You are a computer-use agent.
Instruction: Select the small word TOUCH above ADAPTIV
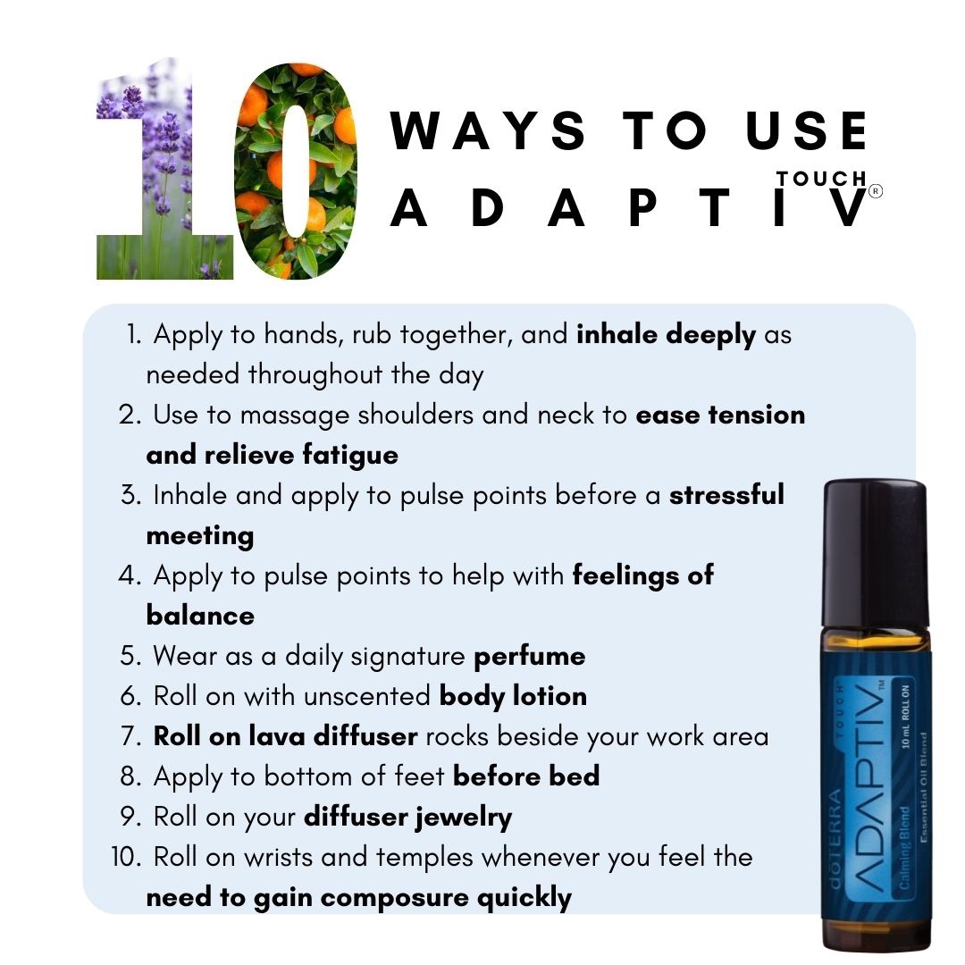(x=821, y=179)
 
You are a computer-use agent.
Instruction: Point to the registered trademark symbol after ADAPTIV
(x=875, y=191)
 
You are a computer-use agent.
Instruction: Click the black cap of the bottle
(x=875, y=554)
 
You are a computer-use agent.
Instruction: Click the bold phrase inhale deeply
(x=666, y=335)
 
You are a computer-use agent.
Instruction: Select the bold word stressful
(x=726, y=495)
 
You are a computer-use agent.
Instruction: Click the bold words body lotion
(x=513, y=697)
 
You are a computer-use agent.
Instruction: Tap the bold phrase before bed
(x=526, y=776)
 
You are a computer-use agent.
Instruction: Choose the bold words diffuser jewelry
(x=408, y=818)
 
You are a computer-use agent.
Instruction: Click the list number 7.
(x=130, y=736)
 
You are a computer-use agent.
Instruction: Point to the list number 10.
(x=126, y=857)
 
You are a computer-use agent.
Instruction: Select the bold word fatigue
(x=350, y=456)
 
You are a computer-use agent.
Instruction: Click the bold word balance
(x=200, y=616)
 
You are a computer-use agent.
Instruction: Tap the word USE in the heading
(x=806, y=130)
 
